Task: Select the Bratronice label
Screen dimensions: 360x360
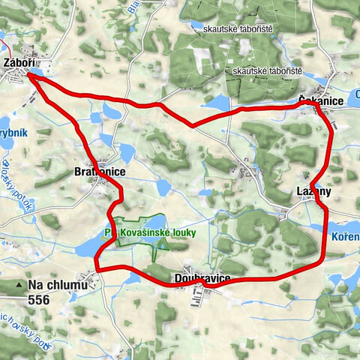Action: point(100,172)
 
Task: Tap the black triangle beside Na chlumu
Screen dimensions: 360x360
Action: point(19,286)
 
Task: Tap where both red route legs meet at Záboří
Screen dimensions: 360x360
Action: point(30,73)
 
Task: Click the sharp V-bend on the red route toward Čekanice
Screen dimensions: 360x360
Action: point(193,125)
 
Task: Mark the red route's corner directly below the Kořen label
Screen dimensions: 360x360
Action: point(323,260)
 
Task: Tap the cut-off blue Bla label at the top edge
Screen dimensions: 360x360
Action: point(134,5)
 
